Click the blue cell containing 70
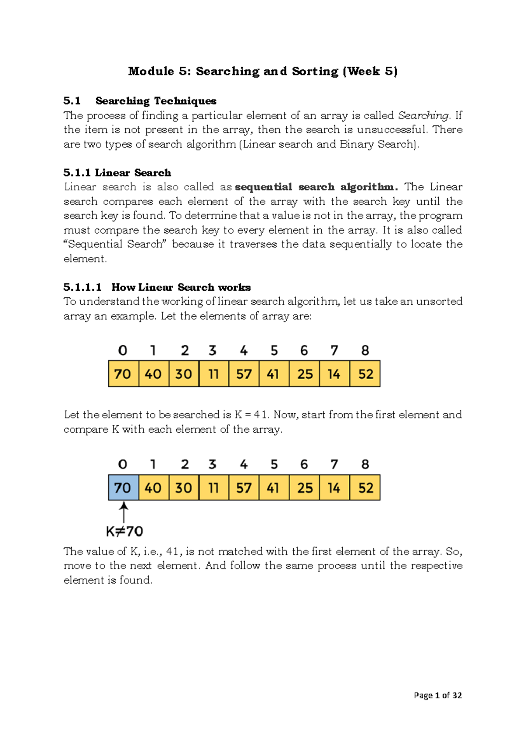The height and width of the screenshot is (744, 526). point(123,487)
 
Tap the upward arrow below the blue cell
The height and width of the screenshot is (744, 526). point(124,512)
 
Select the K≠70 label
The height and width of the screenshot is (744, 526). point(124,532)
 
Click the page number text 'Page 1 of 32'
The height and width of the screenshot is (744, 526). point(437,695)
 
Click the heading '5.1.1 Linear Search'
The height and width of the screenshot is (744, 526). point(117,173)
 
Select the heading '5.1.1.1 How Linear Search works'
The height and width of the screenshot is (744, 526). point(157,287)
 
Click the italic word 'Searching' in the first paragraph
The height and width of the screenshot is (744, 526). point(423,116)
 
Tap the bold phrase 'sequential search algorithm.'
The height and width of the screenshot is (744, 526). point(316,187)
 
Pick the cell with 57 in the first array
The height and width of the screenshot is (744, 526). point(244,374)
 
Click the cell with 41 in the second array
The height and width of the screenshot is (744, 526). point(274,487)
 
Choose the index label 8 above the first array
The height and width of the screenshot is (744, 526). point(365,351)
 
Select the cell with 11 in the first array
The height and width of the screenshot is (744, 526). point(213,374)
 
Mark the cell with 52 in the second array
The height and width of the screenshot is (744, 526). point(365,487)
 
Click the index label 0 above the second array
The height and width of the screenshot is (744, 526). point(123,465)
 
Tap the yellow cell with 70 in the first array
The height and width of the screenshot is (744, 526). point(123,374)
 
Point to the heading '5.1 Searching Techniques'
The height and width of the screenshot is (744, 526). point(140,101)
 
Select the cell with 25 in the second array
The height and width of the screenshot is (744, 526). point(305,487)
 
